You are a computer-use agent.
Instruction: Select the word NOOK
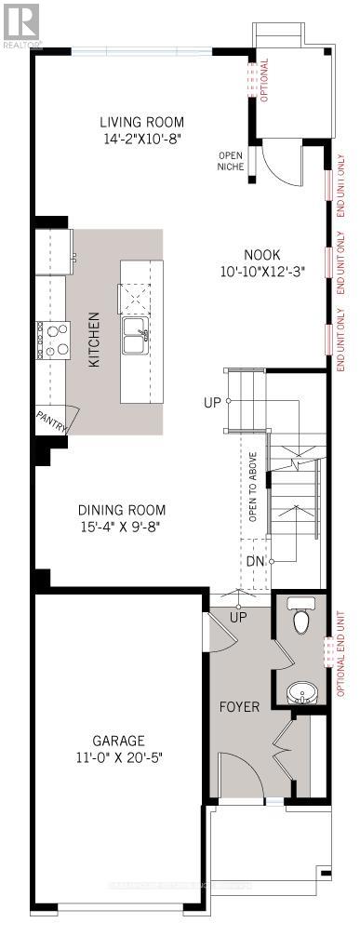(x=262, y=255)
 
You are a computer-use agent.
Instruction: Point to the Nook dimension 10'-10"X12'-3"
(x=262, y=272)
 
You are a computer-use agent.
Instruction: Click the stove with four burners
(x=53, y=340)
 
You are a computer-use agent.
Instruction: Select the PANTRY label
(x=51, y=421)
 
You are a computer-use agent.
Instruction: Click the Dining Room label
(x=122, y=510)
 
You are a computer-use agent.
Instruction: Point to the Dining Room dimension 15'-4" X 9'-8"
(x=122, y=526)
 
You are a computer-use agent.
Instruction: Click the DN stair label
(x=255, y=561)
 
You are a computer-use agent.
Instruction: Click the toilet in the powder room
(x=300, y=620)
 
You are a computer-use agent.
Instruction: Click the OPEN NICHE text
(x=230, y=161)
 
